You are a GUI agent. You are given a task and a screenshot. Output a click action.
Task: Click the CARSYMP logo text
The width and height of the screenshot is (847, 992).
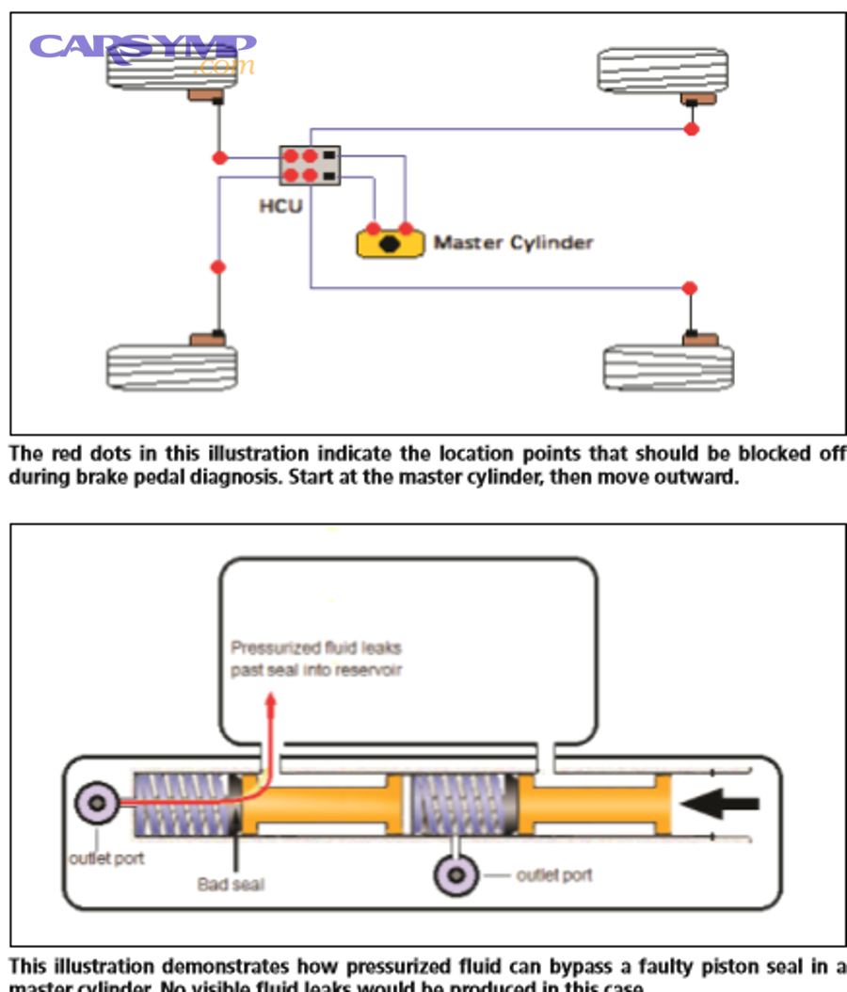(x=141, y=47)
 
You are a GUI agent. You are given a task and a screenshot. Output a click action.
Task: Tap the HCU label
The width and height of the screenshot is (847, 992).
(x=280, y=204)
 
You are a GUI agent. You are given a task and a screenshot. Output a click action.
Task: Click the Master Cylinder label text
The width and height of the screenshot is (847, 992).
(x=513, y=243)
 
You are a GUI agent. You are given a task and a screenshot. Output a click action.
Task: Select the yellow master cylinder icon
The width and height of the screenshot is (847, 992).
(x=390, y=243)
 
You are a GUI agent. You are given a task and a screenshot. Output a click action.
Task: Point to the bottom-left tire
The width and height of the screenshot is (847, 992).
(x=171, y=366)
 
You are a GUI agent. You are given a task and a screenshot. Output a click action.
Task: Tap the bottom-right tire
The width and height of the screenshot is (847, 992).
(x=668, y=366)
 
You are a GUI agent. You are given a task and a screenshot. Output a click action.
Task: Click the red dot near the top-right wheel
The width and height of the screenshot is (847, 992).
(x=691, y=129)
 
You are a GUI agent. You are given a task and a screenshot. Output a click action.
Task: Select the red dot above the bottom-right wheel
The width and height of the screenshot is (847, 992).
(x=690, y=287)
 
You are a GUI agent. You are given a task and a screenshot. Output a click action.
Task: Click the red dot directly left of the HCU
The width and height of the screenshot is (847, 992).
(x=219, y=157)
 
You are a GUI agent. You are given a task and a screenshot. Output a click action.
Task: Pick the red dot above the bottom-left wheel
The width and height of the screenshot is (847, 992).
(x=218, y=267)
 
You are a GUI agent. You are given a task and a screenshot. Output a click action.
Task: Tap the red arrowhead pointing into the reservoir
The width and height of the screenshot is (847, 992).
(x=272, y=700)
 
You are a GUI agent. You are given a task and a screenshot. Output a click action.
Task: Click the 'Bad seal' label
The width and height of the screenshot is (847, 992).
(x=231, y=884)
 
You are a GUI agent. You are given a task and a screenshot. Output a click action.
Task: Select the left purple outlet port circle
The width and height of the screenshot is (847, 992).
(x=99, y=803)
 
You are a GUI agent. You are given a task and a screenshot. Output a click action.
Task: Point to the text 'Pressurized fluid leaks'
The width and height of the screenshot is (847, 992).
(x=316, y=648)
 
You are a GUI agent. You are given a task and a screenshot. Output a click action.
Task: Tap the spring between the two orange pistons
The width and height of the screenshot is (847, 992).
(x=459, y=803)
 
